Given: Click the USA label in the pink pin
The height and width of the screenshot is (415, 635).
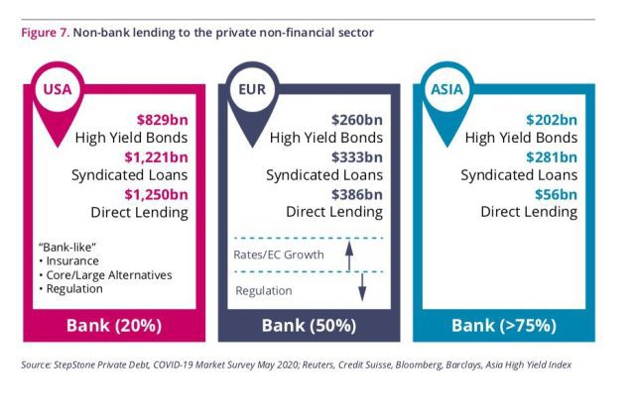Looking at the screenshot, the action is point(58,89).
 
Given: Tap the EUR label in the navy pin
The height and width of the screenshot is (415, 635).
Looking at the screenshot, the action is point(252,89).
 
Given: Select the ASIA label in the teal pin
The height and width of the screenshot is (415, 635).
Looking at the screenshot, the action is point(446,89).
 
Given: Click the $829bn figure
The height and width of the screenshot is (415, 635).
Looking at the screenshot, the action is point(163,120).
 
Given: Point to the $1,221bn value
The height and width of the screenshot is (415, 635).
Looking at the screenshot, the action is point(157,157).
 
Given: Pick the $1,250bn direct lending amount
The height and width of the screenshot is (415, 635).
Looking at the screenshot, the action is point(157,194).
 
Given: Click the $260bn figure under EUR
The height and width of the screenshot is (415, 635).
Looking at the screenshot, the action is point(357,120).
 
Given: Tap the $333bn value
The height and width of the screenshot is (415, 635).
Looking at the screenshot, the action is point(357,157).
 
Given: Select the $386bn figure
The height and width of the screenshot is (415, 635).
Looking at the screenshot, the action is point(357,194).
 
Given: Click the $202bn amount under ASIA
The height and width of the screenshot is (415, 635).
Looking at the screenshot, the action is point(552,120).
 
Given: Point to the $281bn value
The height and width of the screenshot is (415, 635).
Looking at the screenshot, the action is point(552,157).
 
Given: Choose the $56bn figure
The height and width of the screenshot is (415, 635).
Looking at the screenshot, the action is point(556,194).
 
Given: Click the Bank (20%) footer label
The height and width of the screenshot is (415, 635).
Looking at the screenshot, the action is point(114,325).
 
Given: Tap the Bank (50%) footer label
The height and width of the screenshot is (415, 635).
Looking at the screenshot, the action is point(309,325).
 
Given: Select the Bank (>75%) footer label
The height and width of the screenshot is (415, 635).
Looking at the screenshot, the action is point(504,325).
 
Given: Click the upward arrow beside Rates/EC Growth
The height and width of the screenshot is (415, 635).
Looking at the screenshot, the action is point(349,256).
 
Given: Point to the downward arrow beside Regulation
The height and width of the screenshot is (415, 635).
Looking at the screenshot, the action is point(362,287).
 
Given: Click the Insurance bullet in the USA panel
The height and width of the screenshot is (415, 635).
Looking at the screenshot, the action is point(68,261).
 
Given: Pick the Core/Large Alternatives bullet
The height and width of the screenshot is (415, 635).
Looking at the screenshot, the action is point(106,275).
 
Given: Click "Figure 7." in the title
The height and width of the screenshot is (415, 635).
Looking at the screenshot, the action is point(46,33).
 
